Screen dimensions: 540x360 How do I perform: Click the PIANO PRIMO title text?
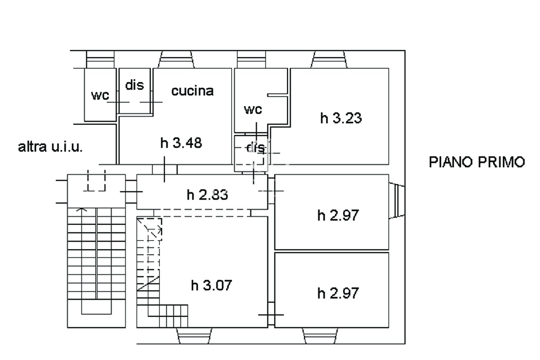click(x=477, y=162)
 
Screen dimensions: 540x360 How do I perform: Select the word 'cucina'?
click(x=192, y=91)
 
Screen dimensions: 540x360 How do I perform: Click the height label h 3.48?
click(x=181, y=143)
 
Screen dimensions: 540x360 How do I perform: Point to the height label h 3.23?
click(x=341, y=118)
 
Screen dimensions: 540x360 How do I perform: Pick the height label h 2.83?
click(x=207, y=195)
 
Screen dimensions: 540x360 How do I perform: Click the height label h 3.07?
click(x=211, y=285)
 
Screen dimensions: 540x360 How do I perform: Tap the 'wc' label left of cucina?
click(x=100, y=95)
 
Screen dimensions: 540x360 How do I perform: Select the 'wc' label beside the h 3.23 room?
click(x=253, y=109)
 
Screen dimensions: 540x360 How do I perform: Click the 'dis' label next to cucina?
click(x=135, y=85)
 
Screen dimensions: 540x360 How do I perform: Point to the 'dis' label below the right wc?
click(x=256, y=148)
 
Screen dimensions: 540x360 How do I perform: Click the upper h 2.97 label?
click(x=338, y=215)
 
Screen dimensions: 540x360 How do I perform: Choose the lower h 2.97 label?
click(x=338, y=293)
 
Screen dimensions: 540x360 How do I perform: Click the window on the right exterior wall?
click(x=397, y=200)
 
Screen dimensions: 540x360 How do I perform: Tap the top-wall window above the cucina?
click(x=176, y=60)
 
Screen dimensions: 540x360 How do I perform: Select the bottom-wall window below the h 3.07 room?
click(x=194, y=336)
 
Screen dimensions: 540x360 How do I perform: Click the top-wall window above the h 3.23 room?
click(x=329, y=60)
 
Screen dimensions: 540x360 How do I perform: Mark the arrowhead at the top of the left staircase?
click(x=82, y=209)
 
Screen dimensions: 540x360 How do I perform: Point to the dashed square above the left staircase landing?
click(x=96, y=181)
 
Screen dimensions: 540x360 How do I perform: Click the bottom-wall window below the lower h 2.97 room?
click(x=320, y=336)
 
